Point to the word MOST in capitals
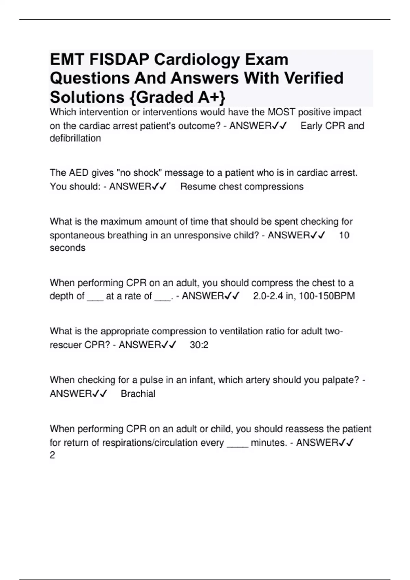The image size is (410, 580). (x=281, y=112)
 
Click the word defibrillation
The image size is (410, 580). (x=75, y=139)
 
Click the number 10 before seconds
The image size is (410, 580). (x=344, y=235)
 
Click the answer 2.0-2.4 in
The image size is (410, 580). (x=274, y=296)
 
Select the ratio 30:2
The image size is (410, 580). (x=199, y=345)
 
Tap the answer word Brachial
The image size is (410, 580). (x=138, y=394)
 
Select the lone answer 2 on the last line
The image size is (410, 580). (x=52, y=455)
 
